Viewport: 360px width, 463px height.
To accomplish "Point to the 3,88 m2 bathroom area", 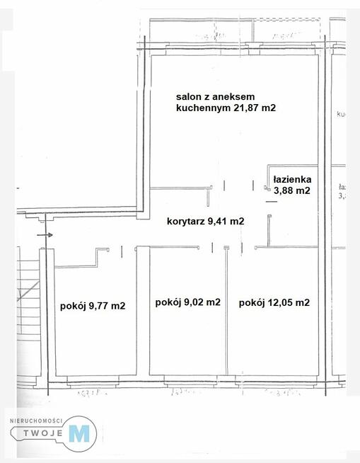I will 292,190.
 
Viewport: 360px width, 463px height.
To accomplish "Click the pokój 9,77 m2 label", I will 93,306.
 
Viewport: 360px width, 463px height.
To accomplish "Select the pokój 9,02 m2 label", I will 187,302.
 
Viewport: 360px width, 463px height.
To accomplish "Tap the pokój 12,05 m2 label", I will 274,302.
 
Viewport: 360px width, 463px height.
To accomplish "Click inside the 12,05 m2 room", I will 276,340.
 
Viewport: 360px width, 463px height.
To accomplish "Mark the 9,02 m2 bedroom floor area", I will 187,340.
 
